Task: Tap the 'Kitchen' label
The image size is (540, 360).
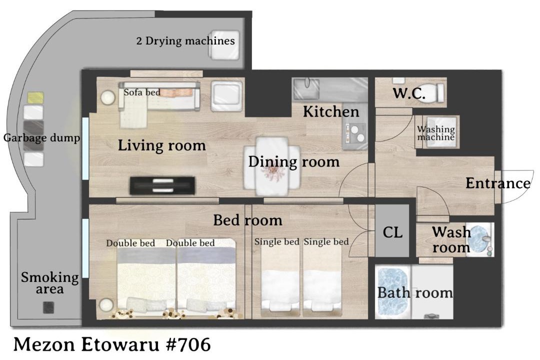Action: pos(331,111)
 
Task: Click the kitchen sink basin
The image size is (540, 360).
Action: pos(306,89)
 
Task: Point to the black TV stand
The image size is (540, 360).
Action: pos(162,185)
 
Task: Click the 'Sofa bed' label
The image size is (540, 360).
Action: pos(142,92)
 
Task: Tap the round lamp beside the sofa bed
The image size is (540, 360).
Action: pos(108,97)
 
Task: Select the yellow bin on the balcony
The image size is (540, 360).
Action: pos(35,97)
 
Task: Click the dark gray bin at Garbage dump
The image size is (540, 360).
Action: pos(33,135)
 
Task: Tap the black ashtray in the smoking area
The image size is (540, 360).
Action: pos(48,307)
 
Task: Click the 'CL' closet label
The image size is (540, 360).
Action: pos(392,232)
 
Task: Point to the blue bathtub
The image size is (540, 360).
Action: pos(393,292)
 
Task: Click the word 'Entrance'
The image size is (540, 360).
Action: pos(497,183)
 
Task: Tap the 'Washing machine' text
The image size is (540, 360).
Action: pos(436,133)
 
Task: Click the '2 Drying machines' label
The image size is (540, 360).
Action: pos(185,41)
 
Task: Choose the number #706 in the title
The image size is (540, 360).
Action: pos(188,344)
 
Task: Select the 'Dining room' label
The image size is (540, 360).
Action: pos(294,161)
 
